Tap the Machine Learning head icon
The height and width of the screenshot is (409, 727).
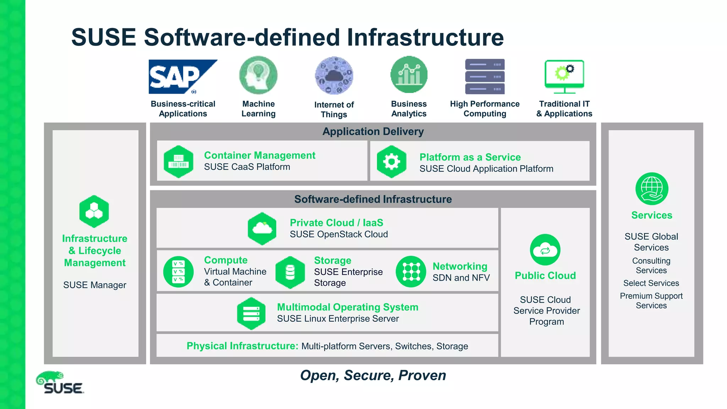(258, 75)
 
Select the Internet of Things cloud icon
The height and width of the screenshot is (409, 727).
(334, 76)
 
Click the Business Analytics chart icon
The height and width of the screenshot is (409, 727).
(409, 75)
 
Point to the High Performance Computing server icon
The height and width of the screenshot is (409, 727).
(485, 76)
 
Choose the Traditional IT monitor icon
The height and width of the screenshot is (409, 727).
(564, 76)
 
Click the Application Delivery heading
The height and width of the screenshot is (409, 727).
(373, 132)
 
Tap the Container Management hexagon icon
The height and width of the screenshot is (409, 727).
(179, 162)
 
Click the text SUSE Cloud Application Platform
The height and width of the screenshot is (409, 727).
(486, 169)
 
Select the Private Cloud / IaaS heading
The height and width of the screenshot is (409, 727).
(336, 223)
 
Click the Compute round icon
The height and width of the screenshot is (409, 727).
(179, 272)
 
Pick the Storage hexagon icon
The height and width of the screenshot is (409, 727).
(290, 272)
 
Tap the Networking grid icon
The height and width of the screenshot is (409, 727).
(411, 272)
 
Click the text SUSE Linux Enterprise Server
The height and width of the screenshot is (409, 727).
(338, 319)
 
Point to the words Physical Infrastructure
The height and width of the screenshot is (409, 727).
(242, 346)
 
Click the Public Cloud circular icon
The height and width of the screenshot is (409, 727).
(545, 250)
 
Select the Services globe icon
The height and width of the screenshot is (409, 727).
(651, 189)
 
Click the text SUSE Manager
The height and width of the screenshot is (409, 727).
(95, 285)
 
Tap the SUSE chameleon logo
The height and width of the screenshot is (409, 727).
(60, 383)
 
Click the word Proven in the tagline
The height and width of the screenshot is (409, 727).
(422, 376)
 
